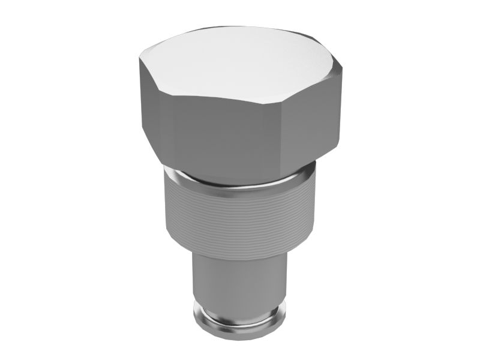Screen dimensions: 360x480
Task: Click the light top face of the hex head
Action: pyautogui.click(x=240, y=63)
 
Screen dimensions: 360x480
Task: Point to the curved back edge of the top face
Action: pyautogui.click(x=240, y=27)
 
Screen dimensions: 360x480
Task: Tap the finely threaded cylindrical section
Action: pyautogui.click(x=240, y=216)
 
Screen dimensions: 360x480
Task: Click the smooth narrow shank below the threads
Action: pyautogui.click(x=240, y=282)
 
